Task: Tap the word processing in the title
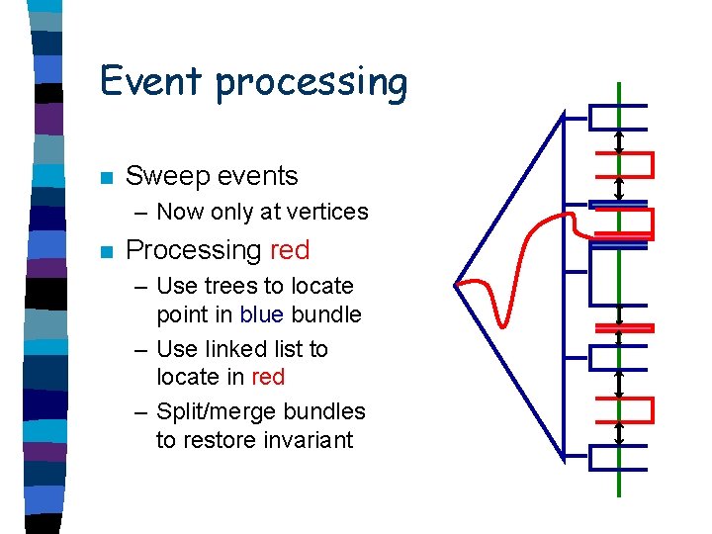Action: point(311,83)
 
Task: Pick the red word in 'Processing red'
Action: point(289,250)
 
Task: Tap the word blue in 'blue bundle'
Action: point(262,314)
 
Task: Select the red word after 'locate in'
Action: point(268,377)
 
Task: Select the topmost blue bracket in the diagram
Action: point(617,117)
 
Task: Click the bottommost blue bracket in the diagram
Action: point(617,457)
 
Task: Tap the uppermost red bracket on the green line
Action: point(623,164)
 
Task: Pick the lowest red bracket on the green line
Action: point(623,409)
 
